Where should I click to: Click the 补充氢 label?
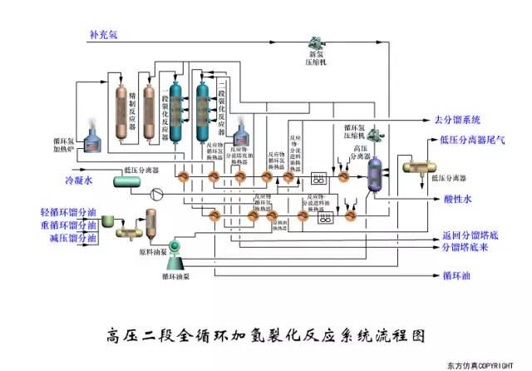tap(103, 35)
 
